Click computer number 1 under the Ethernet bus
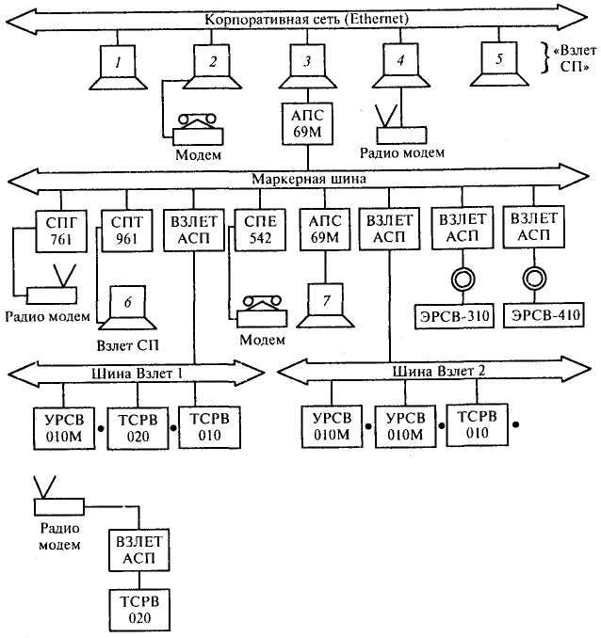[118, 67]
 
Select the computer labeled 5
[499, 64]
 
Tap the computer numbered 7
[325, 305]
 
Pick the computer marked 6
[128, 307]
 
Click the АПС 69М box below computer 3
[308, 123]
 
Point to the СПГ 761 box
[61, 231]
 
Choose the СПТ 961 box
[127, 231]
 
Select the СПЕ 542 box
[260, 230]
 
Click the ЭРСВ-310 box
[454, 316]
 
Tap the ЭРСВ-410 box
[545, 315]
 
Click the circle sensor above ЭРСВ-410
[534, 279]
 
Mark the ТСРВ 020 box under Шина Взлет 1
[138, 428]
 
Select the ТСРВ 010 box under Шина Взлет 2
[478, 425]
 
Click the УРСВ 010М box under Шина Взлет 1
[64, 428]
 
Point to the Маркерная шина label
[309, 179]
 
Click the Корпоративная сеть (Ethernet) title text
[306, 19]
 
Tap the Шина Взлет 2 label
[439, 371]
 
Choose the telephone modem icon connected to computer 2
[198, 130]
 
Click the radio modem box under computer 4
[401, 136]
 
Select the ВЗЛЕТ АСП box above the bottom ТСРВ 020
[138, 550]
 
